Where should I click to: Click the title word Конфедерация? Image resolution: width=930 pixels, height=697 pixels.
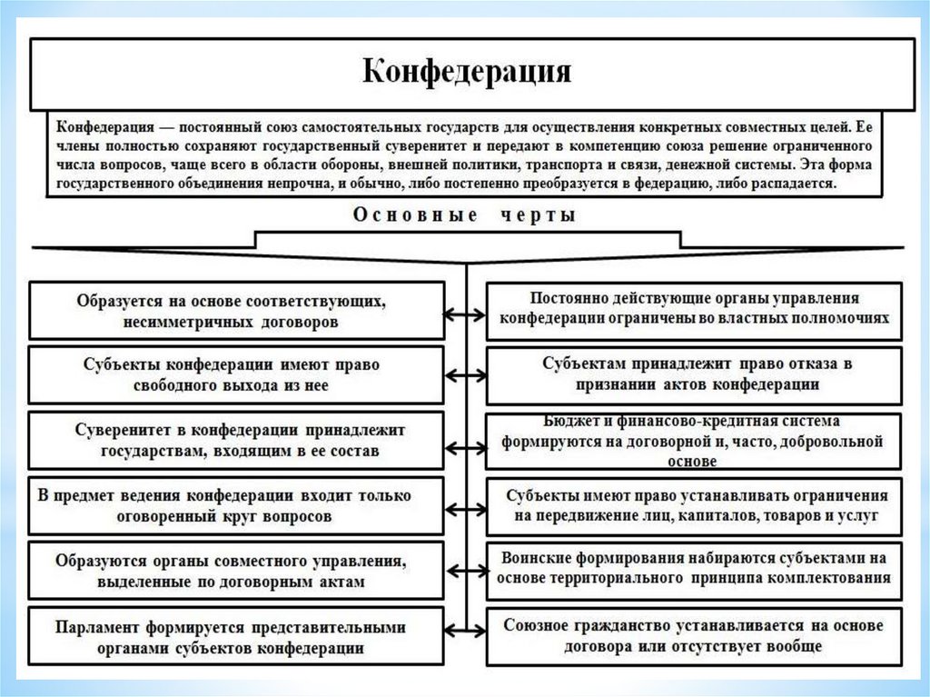[x=467, y=71]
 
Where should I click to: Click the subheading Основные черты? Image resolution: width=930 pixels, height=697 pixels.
[x=465, y=216]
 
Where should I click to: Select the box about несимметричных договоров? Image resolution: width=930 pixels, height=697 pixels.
[x=236, y=310]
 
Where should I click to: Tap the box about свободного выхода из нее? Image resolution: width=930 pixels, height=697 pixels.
[x=236, y=374]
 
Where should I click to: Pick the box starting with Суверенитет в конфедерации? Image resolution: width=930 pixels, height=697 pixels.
[x=236, y=440]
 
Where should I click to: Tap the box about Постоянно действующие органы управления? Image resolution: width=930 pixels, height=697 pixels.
[x=695, y=310]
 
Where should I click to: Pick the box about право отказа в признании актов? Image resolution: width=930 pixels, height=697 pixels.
[x=695, y=374]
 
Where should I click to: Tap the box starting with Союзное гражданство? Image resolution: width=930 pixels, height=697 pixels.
[x=695, y=636]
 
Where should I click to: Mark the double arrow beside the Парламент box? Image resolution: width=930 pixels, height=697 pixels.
[x=465, y=631]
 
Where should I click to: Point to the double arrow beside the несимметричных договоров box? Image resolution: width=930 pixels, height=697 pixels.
[x=465, y=314]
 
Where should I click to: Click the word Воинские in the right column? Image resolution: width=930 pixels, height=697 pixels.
[x=539, y=557]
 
